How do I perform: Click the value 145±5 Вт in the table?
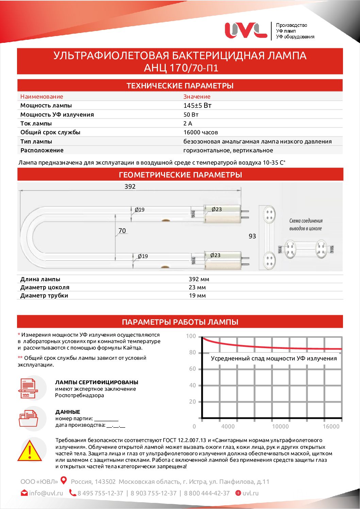pyautogui.click(x=197, y=105)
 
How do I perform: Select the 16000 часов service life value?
pyautogui.click(x=200, y=132)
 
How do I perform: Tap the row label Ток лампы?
pyautogui.click(x=36, y=123)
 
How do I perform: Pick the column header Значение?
pyautogui.click(x=197, y=97)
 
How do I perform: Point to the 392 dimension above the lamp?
pyautogui.click(x=130, y=186)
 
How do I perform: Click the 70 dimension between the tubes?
pyautogui.click(x=122, y=231)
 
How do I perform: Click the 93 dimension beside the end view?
pyautogui.click(x=252, y=236)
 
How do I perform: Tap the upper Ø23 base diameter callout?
pyautogui.click(x=216, y=209)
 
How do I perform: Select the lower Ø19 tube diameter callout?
pyautogui.click(x=143, y=256)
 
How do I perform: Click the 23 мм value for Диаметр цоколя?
pyautogui.click(x=197, y=287)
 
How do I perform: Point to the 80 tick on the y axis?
pyautogui.click(x=193, y=353)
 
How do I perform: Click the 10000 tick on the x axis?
pyautogui.click(x=280, y=426)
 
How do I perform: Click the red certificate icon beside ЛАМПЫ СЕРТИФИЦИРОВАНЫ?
pyautogui.click(x=28, y=388)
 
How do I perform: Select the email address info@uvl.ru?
pyautogui.click(x=46, y=493)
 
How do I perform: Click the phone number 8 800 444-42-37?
pyautogui.click(x=207, y=493)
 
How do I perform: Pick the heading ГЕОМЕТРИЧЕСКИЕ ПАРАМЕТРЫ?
pyautogui.click(x=180, y=175)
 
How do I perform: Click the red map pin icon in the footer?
pyautogui.click(x=64, y=481)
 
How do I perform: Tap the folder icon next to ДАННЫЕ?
pyautogui.click(x=28, y=418)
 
